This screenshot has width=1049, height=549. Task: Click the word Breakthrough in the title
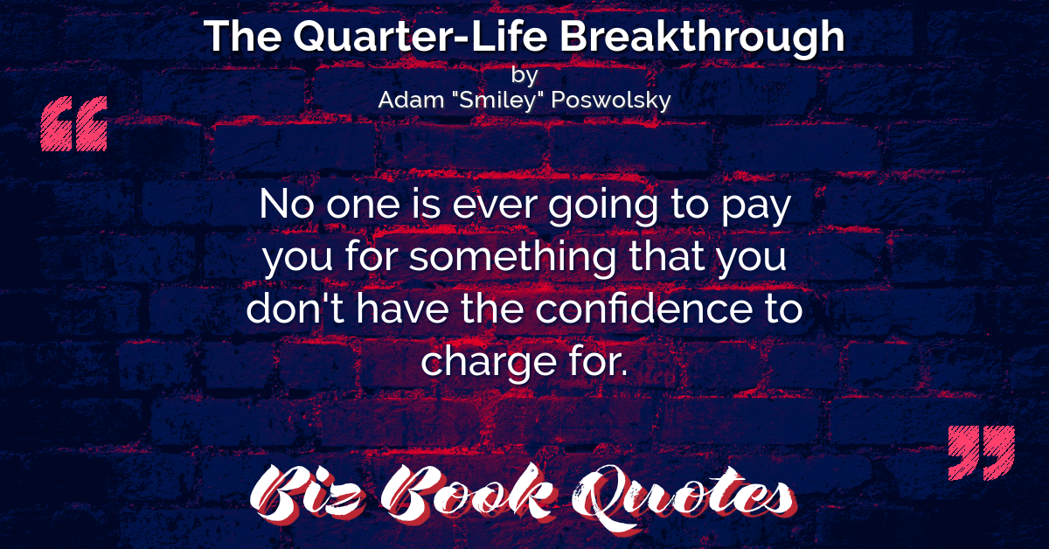click(702, 37)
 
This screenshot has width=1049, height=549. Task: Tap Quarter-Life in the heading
click(420, 37)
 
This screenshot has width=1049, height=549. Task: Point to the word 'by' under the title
click(524, 75)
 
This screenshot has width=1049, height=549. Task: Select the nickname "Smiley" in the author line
click(497, 101)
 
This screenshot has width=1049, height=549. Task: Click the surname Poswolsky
click(611, 101)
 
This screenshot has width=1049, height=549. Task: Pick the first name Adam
click(411, 100)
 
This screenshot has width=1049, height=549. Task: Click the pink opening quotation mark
click(74, 123)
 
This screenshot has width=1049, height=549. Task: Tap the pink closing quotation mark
click(981, 453)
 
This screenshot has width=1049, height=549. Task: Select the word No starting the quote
click(287, 204)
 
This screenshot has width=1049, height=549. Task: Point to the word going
click(604, 208)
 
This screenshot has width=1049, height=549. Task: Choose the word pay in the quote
click(756, 209)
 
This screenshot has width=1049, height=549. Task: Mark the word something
click(513, 259)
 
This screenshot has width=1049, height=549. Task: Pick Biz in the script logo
click(307, 495)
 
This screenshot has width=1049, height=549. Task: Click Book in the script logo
click(469, 493)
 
